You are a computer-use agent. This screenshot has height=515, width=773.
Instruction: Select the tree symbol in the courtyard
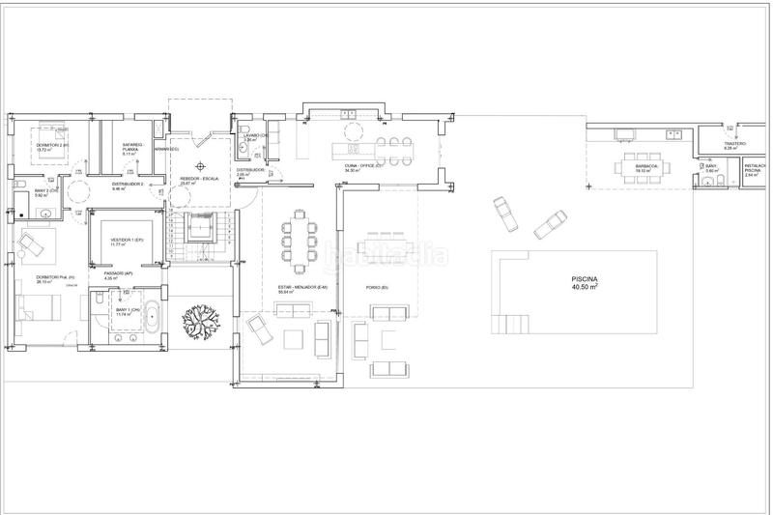point(203,319)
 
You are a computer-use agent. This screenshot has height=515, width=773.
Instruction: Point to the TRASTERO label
point(735,143)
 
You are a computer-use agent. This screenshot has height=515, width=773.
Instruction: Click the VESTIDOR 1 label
point(126,240)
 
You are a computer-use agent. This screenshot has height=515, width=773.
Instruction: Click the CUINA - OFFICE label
point(364,165)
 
